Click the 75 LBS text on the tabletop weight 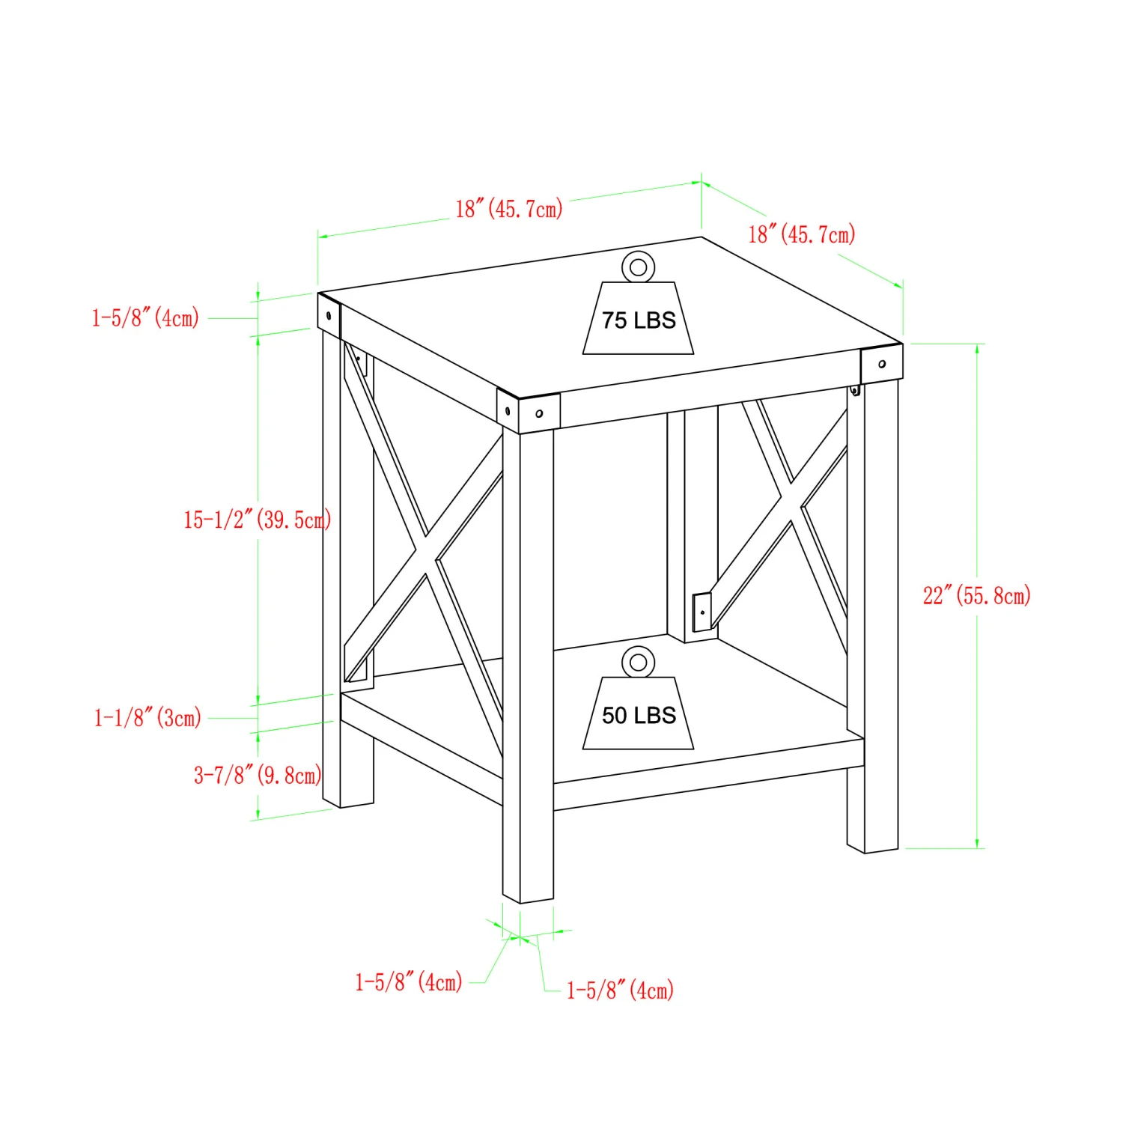(639, 320)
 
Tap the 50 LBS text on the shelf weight (639, 716)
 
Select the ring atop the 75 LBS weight (638, 267)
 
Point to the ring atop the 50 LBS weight (638, 663)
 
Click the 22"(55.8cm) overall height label (976, 596)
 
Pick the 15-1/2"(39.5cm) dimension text (257, 519)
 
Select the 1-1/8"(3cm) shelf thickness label (147, 718)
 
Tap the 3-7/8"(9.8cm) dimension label (258, 774)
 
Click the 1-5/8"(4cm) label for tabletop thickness (145, 317)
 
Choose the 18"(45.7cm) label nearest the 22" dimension (801, 234)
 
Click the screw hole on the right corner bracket (882, 364)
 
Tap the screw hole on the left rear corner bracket (329, 316)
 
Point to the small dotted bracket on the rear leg (702, 612)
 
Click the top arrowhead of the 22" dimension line (977, 349)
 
